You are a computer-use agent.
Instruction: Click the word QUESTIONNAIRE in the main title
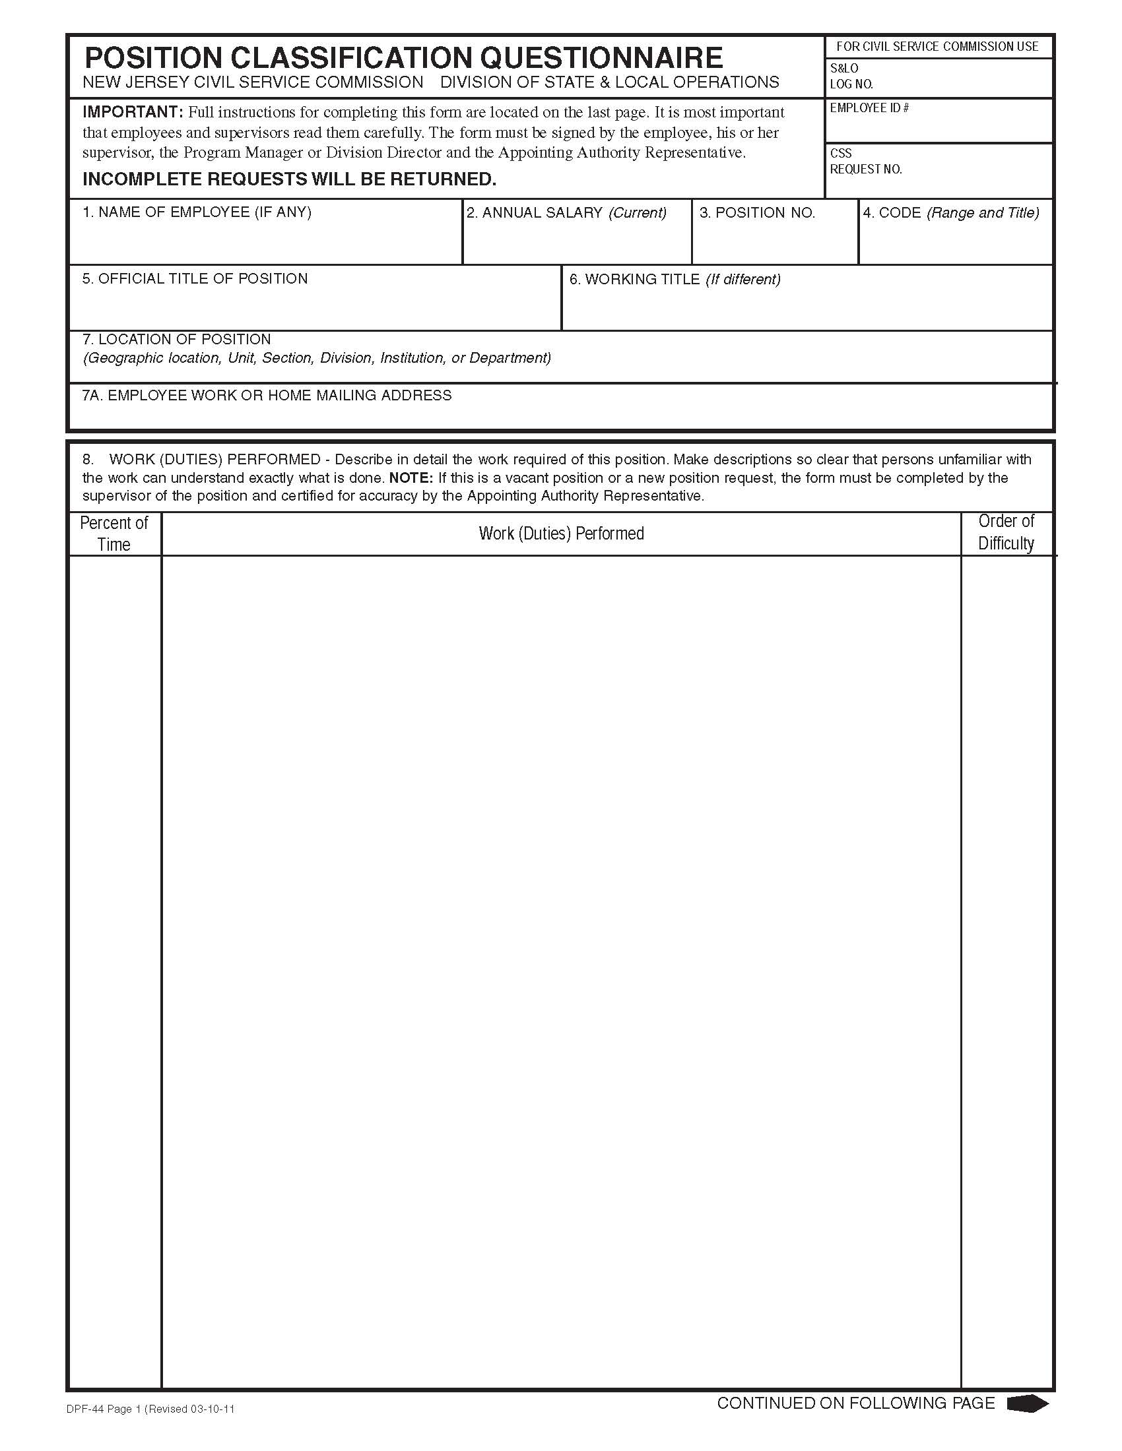(600, 59)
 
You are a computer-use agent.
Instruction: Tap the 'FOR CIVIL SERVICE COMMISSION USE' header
(937, 47)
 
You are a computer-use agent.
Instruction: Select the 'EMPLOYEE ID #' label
(869, 108)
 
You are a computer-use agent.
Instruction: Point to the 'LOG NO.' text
(851, 84)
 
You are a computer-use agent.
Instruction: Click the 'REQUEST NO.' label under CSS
(865, 170)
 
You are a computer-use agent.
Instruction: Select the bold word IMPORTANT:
(132, 111)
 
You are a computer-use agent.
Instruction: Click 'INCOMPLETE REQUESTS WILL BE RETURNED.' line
(289, 179)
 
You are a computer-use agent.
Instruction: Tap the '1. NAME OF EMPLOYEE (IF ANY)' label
(197, 212)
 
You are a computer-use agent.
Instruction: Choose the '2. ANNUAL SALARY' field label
(566, 212)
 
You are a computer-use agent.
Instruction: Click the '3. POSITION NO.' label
(757, 212)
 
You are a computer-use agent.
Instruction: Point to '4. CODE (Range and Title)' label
(950, 212)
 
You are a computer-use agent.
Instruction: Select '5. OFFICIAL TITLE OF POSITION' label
(195, 278)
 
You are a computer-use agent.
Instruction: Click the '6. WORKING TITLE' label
(674, 279)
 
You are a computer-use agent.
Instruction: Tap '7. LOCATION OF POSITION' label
(177, 339)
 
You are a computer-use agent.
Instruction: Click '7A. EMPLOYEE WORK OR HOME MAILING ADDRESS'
(267, 395)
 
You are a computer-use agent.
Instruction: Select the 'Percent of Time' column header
(114, 534)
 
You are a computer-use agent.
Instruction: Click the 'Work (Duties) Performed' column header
(561, 534)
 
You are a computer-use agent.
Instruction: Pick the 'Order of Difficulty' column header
(1006, 532)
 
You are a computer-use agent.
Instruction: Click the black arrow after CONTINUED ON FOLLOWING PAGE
(1028, 1403)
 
